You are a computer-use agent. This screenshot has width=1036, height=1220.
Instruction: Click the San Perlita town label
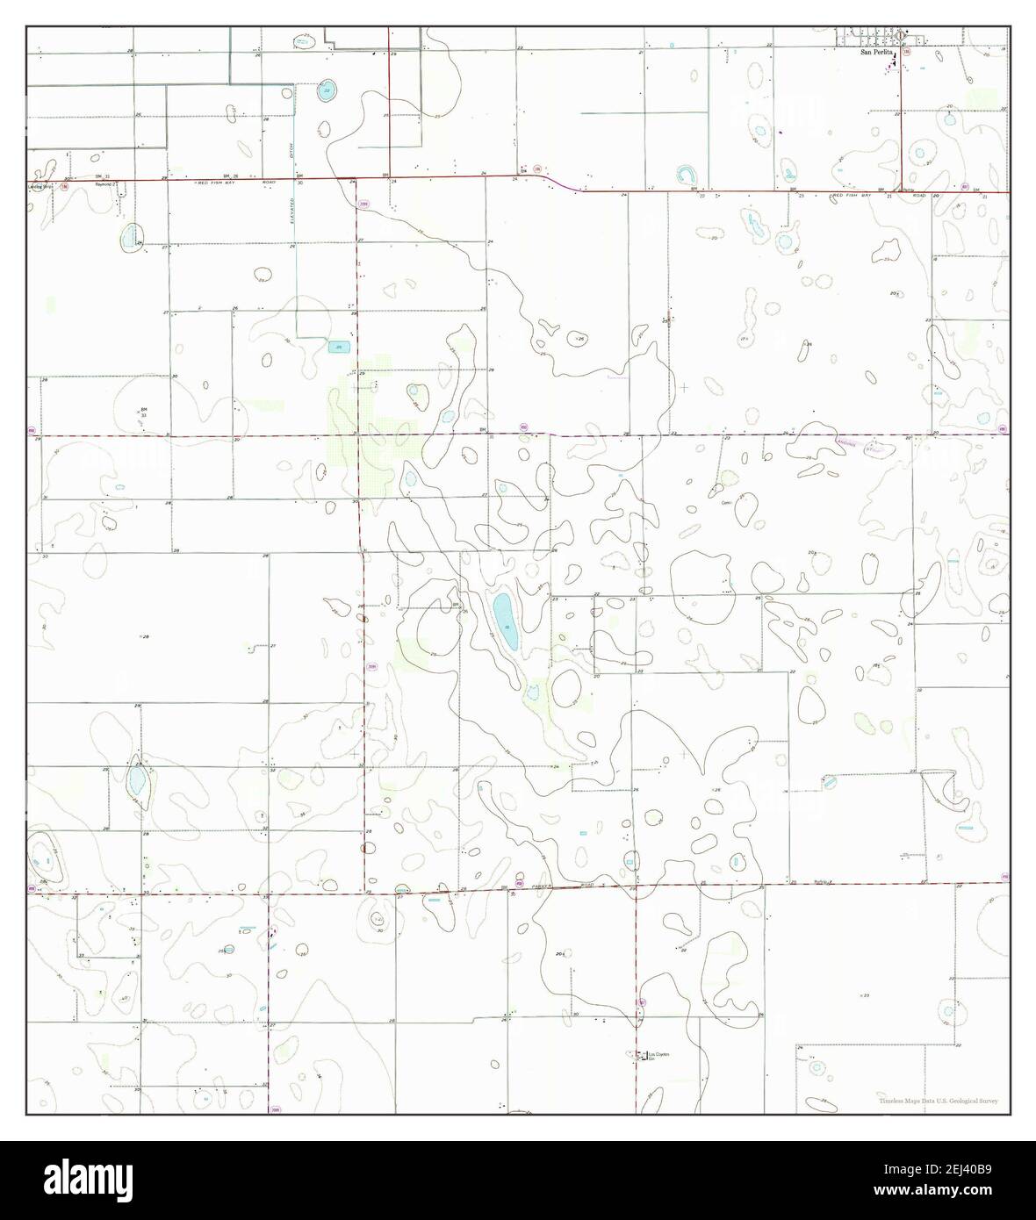coord(876,53)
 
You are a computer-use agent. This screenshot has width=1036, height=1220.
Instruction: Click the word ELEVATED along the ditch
coord(293,213)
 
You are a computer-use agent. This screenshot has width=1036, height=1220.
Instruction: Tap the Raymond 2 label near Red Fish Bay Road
coord(106,185)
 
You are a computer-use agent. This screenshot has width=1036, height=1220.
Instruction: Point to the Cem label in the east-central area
coord(726,503)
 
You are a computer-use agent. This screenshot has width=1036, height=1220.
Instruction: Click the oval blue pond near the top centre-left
coord(326,90)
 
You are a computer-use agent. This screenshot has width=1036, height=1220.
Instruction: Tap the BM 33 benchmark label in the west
coord(143,412)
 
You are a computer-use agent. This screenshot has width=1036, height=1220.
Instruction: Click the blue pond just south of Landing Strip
coord(131,235)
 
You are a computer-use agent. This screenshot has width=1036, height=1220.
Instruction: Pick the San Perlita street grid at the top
coord(878,35)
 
